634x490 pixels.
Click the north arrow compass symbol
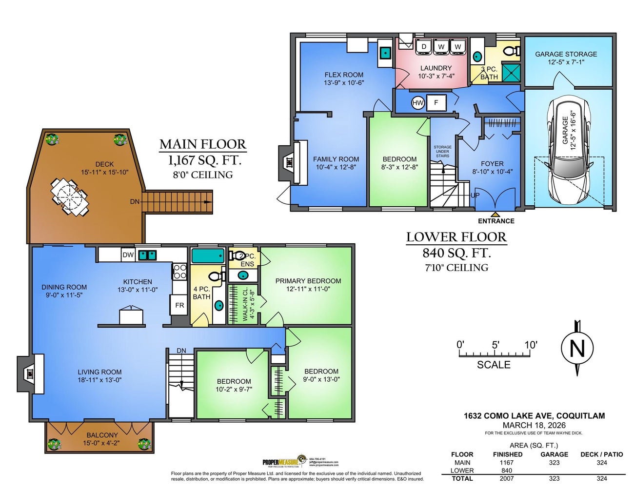click(577, 348)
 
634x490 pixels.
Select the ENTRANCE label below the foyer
click(496, 221)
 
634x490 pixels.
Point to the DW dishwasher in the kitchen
click(128, 255)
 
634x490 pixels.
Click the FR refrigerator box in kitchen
click(179, 305)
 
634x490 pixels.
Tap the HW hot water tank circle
click(418, 103)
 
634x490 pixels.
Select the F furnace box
click(436, 103)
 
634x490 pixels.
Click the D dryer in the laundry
click(424, 46)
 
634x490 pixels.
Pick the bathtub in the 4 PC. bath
click(208, 256)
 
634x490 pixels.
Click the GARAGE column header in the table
click(554, 454)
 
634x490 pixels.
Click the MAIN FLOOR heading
click(203, 144)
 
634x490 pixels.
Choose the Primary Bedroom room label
click(308, 281)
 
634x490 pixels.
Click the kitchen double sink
click(147, 255)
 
